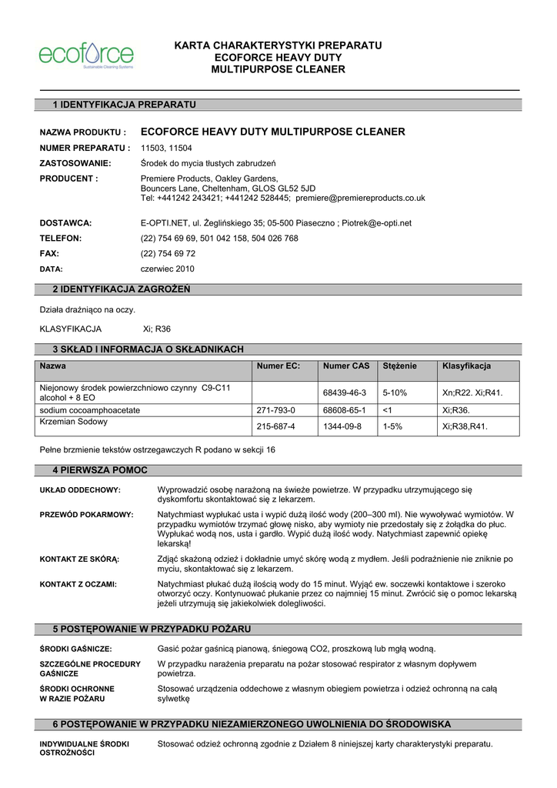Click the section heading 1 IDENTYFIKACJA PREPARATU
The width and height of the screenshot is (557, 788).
tap(124, 104)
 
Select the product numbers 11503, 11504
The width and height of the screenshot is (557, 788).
tap(166, 148)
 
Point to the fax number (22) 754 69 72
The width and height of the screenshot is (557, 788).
tap(168, 253)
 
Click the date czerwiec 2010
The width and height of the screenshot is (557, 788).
tap(167, 269)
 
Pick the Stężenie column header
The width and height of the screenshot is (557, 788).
tap(400, 366)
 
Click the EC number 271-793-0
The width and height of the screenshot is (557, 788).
tap(275, 411)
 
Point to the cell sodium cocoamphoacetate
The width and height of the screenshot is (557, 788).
tap(90, 411)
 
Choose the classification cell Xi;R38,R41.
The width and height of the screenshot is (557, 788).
tap(465, 426)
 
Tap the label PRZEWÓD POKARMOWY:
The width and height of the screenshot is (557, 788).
tap(86, 514)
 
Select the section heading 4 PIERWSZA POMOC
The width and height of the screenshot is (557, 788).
tap(99, 469)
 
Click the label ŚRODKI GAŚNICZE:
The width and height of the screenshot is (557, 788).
tap(75, 649)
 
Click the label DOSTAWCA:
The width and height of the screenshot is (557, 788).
tap(65, 223)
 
